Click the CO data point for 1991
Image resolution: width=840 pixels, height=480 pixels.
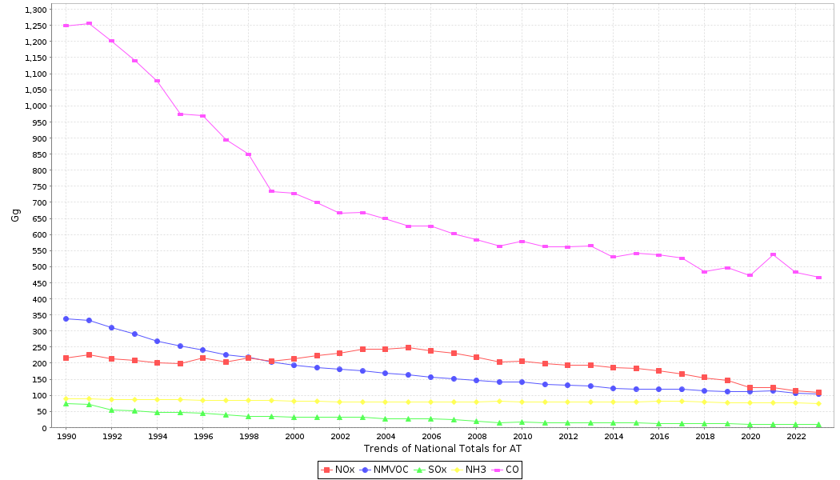[89, 23]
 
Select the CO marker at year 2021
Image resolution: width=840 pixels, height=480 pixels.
[773, 254]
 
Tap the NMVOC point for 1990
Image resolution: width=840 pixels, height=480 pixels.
[66, 318]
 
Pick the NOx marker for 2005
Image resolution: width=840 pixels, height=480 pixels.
[408, 347]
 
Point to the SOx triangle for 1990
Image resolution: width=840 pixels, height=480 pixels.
[66, 403]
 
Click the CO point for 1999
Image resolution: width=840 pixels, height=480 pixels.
[271, 191]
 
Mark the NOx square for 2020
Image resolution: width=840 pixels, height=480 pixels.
[750, 387]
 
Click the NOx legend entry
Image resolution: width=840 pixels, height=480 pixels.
[339, 470]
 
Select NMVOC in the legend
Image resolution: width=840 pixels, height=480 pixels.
[385, 470]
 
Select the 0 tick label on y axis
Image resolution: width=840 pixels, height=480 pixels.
[45, 428]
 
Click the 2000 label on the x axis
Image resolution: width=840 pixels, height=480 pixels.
[294, 437]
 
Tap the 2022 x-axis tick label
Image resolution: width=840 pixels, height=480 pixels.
[796, 437]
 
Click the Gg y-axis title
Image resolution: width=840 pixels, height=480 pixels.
[16, 214]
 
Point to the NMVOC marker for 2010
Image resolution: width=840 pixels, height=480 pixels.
[522, 382]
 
